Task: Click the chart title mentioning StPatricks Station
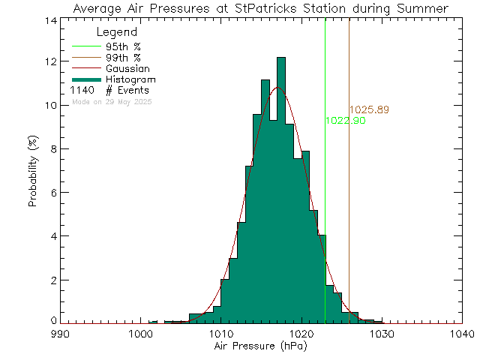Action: point(260,8)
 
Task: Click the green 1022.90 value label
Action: point(345,121)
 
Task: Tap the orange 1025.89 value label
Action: point(369,110)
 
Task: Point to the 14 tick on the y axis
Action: point(48,19)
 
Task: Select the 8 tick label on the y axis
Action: point(51,149)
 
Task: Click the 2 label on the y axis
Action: point(51,280)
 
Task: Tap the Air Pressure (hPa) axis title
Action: point(260,348)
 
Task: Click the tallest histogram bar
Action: point(280,187)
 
